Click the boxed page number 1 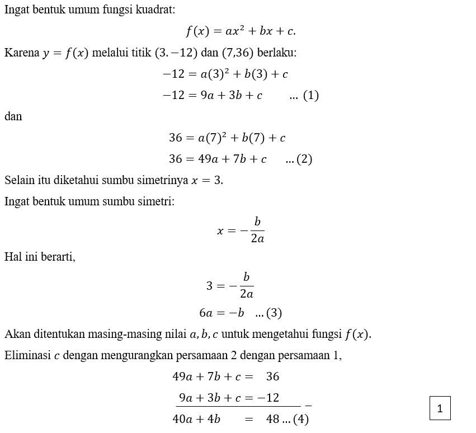tap(440, 408)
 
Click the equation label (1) tap(310, 96)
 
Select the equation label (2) tap(304, 159)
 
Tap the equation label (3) tap(274, 313)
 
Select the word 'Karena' tap(21, 53)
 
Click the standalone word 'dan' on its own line tap(13, 117)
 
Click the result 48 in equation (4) tap(273, 419)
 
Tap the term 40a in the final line tap(182, 419)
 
